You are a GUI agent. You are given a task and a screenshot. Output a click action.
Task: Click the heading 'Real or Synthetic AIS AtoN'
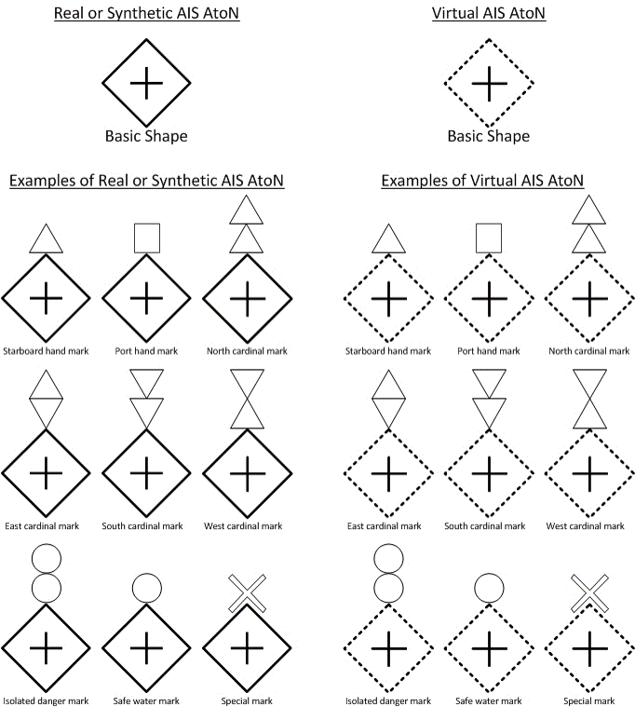(x=146, y=14)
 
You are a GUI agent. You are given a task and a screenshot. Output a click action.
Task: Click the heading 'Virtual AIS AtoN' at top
(x=489, y=14)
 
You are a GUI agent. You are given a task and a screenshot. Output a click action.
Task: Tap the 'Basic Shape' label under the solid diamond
(x=146, y=136)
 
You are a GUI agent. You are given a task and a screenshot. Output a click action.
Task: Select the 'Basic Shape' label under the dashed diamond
(x=489, y=136)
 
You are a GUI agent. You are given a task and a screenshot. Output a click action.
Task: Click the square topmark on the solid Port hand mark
(x=146, y=238)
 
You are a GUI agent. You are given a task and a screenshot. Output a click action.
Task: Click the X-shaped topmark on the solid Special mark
(x=247, y=592)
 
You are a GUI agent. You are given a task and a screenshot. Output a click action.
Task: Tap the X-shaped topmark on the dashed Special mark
(x=588, y=592)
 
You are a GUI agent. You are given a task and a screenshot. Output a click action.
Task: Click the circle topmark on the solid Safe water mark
(x=146, y=589)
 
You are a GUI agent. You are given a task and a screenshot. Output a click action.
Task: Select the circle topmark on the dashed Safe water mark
(x=488, y=589)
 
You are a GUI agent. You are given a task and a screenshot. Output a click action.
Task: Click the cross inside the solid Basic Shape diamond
(x=146, y=83)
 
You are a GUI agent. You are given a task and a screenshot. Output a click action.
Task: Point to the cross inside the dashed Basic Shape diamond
(x=489, y=83)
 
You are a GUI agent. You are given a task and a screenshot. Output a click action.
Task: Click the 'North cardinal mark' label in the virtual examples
(x=588, y=351)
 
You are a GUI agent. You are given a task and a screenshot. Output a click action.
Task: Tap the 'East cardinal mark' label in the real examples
(x=46, y=526)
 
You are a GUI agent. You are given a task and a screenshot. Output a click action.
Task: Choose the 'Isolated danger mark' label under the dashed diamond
(x=388, y=700)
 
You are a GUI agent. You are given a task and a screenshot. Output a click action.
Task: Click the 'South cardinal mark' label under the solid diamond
(x=145, y=526)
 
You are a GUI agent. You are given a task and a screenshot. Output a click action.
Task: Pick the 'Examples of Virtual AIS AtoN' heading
(x=482, y=181)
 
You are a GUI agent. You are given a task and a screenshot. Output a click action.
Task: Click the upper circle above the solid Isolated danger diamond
(x=46, y=558)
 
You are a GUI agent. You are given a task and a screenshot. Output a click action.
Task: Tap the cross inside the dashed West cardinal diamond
(x=588, y=472)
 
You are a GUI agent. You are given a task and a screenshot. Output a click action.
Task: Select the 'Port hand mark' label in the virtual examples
(x=489, y=351)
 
